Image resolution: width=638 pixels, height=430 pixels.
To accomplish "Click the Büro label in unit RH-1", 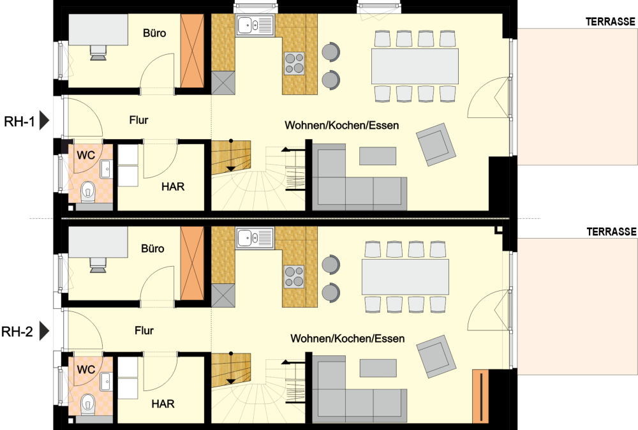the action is pos(154,33).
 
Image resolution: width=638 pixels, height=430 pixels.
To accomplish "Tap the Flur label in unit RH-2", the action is pos(144,330).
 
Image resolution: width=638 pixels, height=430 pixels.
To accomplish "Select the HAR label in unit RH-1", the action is pos(173,187).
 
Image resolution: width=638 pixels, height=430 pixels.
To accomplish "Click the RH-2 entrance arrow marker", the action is pos(45,332).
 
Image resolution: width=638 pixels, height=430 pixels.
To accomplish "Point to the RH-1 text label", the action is pos(19,121).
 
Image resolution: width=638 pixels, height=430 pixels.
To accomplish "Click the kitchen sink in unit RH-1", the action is pos(255,26).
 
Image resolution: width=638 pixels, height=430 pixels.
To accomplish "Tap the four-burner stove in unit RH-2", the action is pos(293,277).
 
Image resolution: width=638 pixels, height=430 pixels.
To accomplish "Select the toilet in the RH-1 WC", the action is pos(87,192).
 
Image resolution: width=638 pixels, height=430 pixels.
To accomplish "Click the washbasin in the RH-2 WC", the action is pos(106,381).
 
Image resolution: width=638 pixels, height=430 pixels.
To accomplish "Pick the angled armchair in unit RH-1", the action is pos(436,145).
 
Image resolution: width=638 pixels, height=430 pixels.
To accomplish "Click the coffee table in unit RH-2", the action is pos(378,368).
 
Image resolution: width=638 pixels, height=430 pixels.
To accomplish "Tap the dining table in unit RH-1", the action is pos(415,66).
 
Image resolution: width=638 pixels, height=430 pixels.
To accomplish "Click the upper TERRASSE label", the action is pos(611,22).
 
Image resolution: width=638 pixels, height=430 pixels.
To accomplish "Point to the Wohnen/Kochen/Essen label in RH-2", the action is pos(348,339).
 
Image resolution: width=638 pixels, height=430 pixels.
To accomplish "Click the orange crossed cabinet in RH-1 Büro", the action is pos(192,51).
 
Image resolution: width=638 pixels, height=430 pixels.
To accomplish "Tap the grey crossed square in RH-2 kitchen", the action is pos(223,296).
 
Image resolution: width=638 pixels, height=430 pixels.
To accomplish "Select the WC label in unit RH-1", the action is pos(86,155).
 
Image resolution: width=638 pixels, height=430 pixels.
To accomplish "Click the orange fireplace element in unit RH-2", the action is pos(480,396).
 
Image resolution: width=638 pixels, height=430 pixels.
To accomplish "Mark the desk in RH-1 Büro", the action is pos(98,30).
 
